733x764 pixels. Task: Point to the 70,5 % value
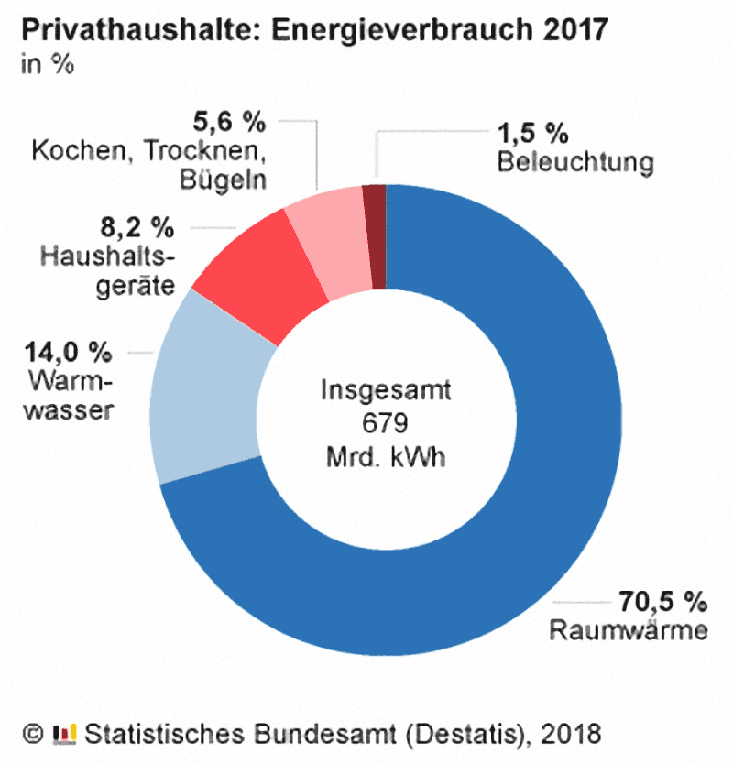pyautogui.click(x=658, y=602)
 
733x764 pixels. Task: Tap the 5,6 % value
pyautogui.click(x=228, y=120)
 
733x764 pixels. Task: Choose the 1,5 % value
pyautogui.click(x=533, y=135)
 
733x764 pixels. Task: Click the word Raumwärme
pyautogui.click(x=628, y=630)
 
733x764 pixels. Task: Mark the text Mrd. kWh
pyautogui.click(x=384, y=456)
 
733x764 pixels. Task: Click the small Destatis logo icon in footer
pyautogui.click(x=65, y=733)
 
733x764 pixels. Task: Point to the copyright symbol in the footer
pyautogui.click(x=31, y=734)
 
